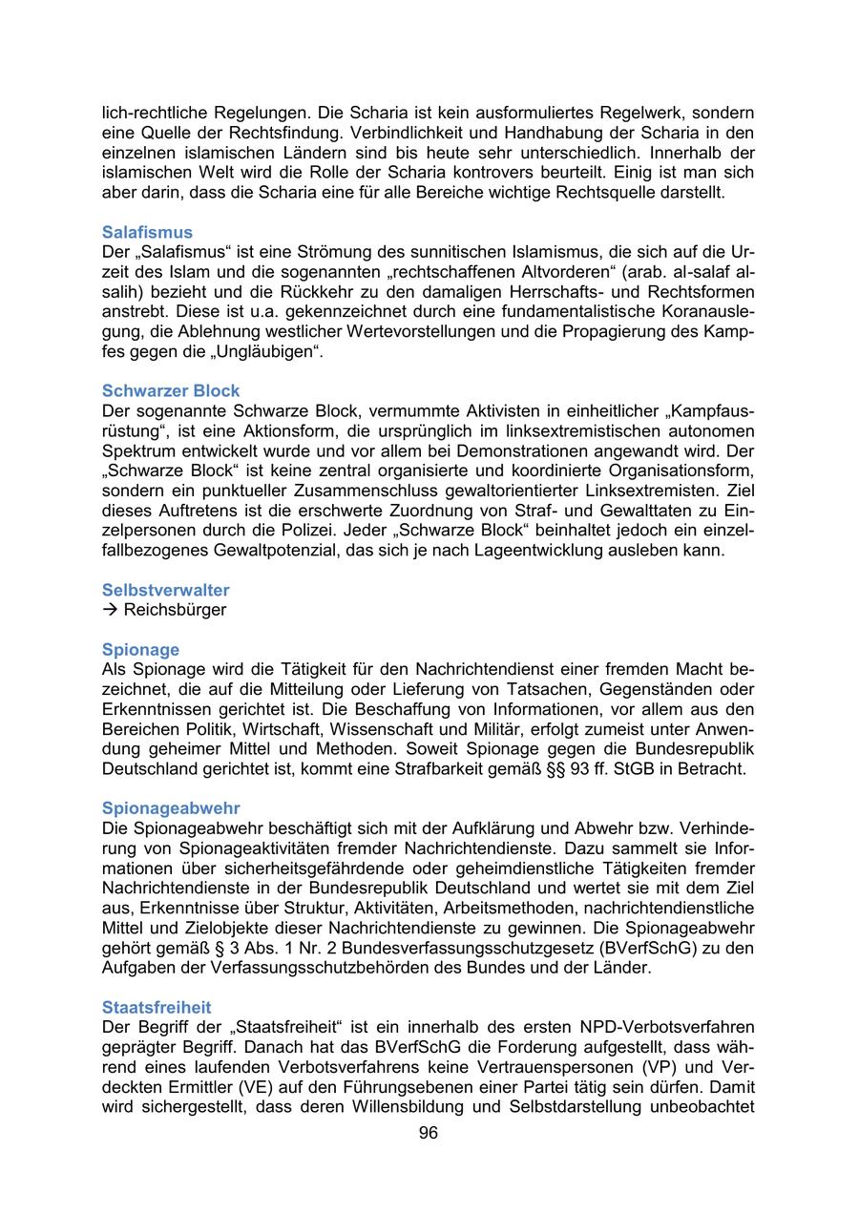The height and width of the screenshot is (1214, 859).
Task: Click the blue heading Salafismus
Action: tap(147, 232)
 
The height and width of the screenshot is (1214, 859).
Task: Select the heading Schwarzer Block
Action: tap(171, 390)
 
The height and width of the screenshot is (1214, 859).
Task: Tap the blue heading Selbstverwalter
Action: tap(165, 590)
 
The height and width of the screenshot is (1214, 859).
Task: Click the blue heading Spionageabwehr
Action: tap(171, 808)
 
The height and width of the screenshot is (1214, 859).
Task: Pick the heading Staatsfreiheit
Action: tap(157, 1007)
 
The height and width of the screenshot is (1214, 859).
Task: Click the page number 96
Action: tap(428, 1133)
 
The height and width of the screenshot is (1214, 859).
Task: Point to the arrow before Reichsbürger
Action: tap(110, 610)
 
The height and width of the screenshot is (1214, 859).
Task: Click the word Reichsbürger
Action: tap(175, 610)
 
